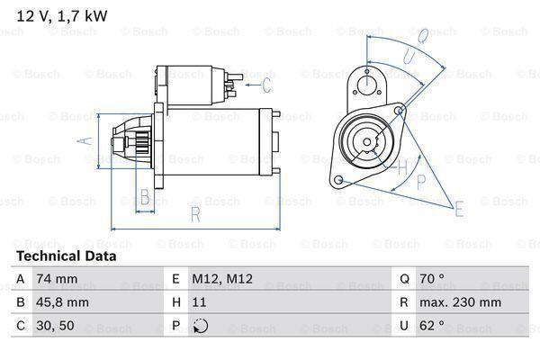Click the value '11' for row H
coord(200,303)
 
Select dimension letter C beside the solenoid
coord(266,85)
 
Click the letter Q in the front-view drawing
coord(423,36)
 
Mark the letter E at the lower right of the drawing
coord(459,210)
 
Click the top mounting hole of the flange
coord(366,85)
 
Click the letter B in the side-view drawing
coord(145,197)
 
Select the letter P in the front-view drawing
coord(419,183)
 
